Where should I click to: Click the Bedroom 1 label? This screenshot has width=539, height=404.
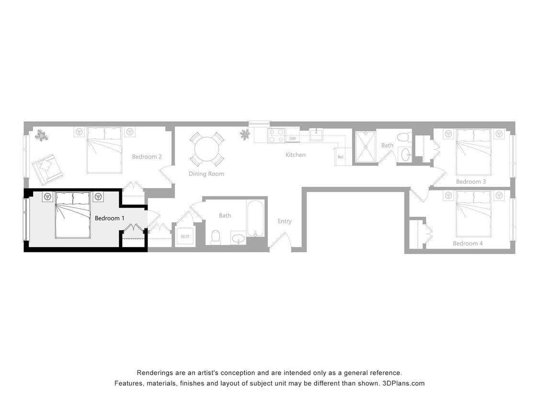110,218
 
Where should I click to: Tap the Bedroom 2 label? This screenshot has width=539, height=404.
147,157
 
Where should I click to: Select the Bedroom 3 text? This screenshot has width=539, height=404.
471,181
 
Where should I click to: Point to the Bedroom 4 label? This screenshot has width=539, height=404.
468,243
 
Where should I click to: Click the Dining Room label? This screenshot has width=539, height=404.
206,174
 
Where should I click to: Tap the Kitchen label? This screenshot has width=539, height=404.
295,155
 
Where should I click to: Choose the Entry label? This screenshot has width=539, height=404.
285,221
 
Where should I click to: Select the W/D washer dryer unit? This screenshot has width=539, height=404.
185,236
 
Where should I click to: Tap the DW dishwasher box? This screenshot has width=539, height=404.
292,138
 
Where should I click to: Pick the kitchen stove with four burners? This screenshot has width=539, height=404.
276,135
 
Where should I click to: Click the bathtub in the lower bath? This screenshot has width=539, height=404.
255,218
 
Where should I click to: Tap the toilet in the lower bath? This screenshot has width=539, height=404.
216,237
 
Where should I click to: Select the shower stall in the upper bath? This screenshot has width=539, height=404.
366,147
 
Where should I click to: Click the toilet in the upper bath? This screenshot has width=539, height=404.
403,137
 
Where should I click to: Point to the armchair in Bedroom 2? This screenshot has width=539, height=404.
47,168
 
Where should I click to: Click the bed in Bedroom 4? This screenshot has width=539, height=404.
473,213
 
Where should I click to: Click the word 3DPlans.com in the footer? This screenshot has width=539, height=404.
403,383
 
